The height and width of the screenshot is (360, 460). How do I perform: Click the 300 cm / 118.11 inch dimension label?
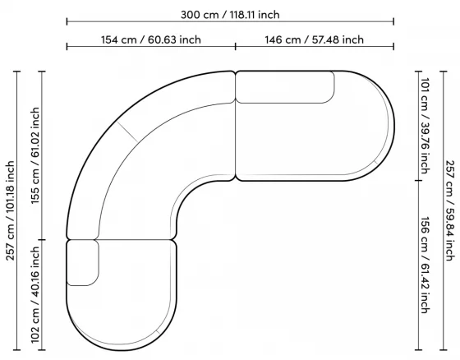(x=230, y=15)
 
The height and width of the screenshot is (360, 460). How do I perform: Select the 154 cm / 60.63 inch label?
(x=151, y=39)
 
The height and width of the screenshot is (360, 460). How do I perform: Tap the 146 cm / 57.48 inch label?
(x=314, y=39)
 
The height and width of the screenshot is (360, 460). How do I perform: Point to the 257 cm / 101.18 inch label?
(x=10, y=210)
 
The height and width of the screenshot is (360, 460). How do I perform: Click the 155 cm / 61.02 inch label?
(x=34, y=155)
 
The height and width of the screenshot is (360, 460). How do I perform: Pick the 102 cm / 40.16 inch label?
(x=34, y=294)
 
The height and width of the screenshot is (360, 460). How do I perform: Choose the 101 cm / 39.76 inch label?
(x=425, y=126)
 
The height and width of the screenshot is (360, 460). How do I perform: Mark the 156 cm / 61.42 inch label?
(x=425, y=265)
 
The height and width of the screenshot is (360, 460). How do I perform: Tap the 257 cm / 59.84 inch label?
(x=450, y=210)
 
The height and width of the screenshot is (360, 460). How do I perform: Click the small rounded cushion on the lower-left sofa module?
(x=83, y=263)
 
